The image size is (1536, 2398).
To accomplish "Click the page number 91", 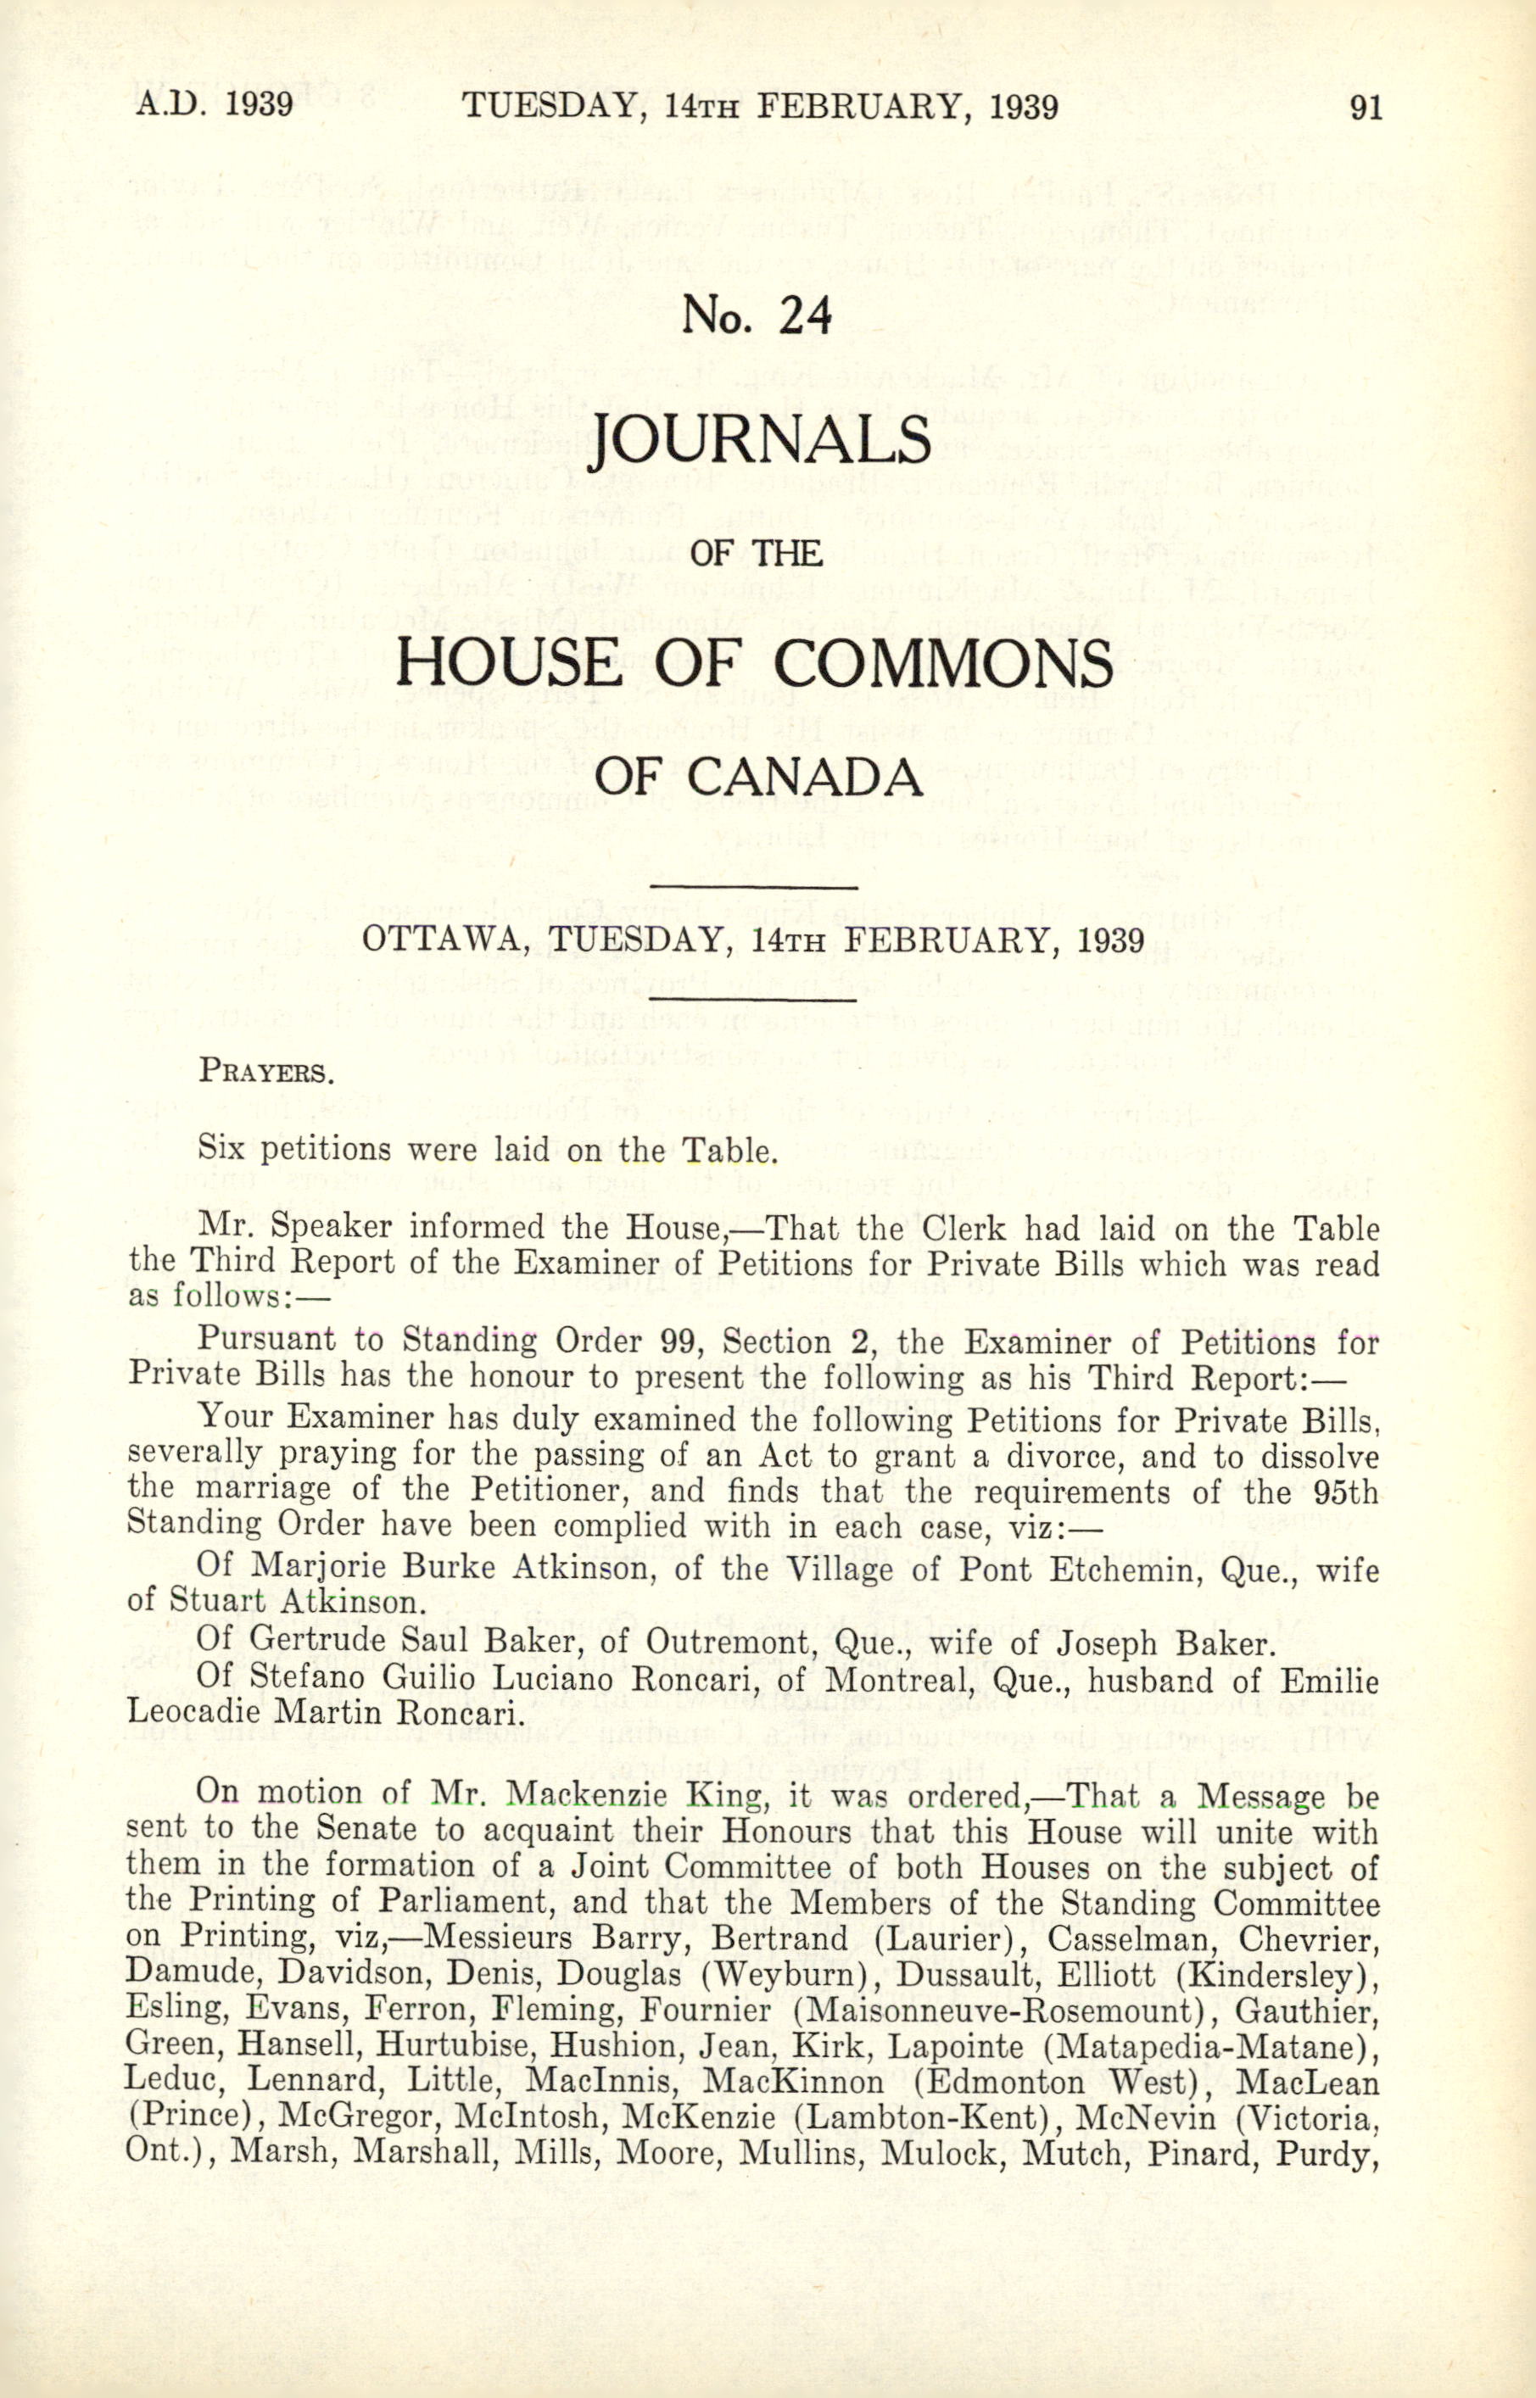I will pyautogui.click(x=1366, y=107).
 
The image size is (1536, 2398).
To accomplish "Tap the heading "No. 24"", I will pyautogui.click(x=756, y=316).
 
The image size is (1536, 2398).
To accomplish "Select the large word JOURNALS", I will pyautogui.click(x=761, y=441).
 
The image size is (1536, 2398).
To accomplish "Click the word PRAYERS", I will pyautogui.click(x=265, y=1073).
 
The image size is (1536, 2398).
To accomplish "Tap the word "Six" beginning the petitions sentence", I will pyautogui.click(x=222, y=1149).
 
